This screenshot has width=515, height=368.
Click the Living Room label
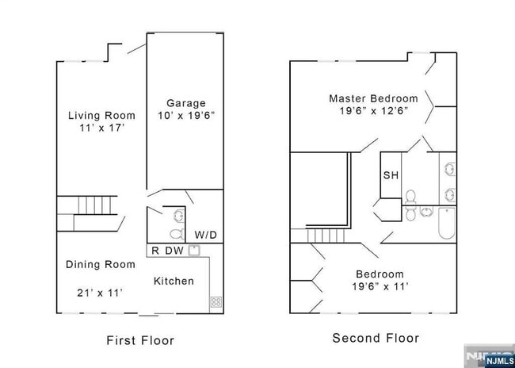[101, 115]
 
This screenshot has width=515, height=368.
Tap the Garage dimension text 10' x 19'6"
[186, 116]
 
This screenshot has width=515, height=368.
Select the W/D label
[205, 235]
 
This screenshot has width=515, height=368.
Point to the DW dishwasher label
[174, 251]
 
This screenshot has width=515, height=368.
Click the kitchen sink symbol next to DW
[194, 251]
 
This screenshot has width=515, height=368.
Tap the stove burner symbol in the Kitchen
[216, 301]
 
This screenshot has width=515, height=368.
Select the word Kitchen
[174, 281]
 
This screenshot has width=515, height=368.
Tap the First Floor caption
[140, 340]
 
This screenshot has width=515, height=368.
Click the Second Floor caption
[376, 338]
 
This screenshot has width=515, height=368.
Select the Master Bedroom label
[372, 98]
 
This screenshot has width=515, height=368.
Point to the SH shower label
[390, 176]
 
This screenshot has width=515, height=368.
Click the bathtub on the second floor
[445, 224]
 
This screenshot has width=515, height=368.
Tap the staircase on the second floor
[323, 236]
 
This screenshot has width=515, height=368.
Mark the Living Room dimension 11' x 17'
[101, 127]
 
